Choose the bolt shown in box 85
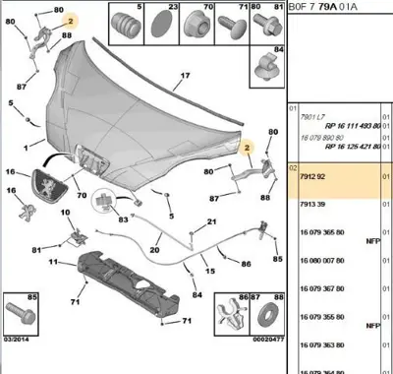coord(23,320)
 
